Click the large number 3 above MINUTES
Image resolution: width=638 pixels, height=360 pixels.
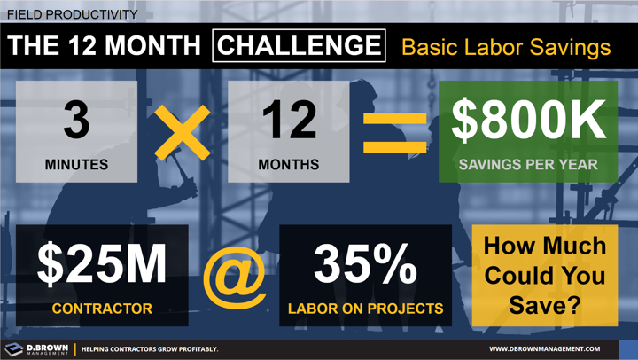tap(77, 121)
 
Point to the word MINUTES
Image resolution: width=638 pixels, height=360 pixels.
tap(77, 165)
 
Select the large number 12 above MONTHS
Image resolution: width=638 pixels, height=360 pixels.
tap(289, 121)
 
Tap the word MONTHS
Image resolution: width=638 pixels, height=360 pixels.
tap(289, 165)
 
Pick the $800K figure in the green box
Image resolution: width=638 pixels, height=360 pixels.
tap(529, 121)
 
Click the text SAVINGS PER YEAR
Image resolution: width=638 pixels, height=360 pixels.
tap(529, 165)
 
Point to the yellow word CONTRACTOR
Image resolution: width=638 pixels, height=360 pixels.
tap(101, 309)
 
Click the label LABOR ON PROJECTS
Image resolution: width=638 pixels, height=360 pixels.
tap(365, 309)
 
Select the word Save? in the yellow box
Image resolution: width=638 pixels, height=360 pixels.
tap(545, 305)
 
